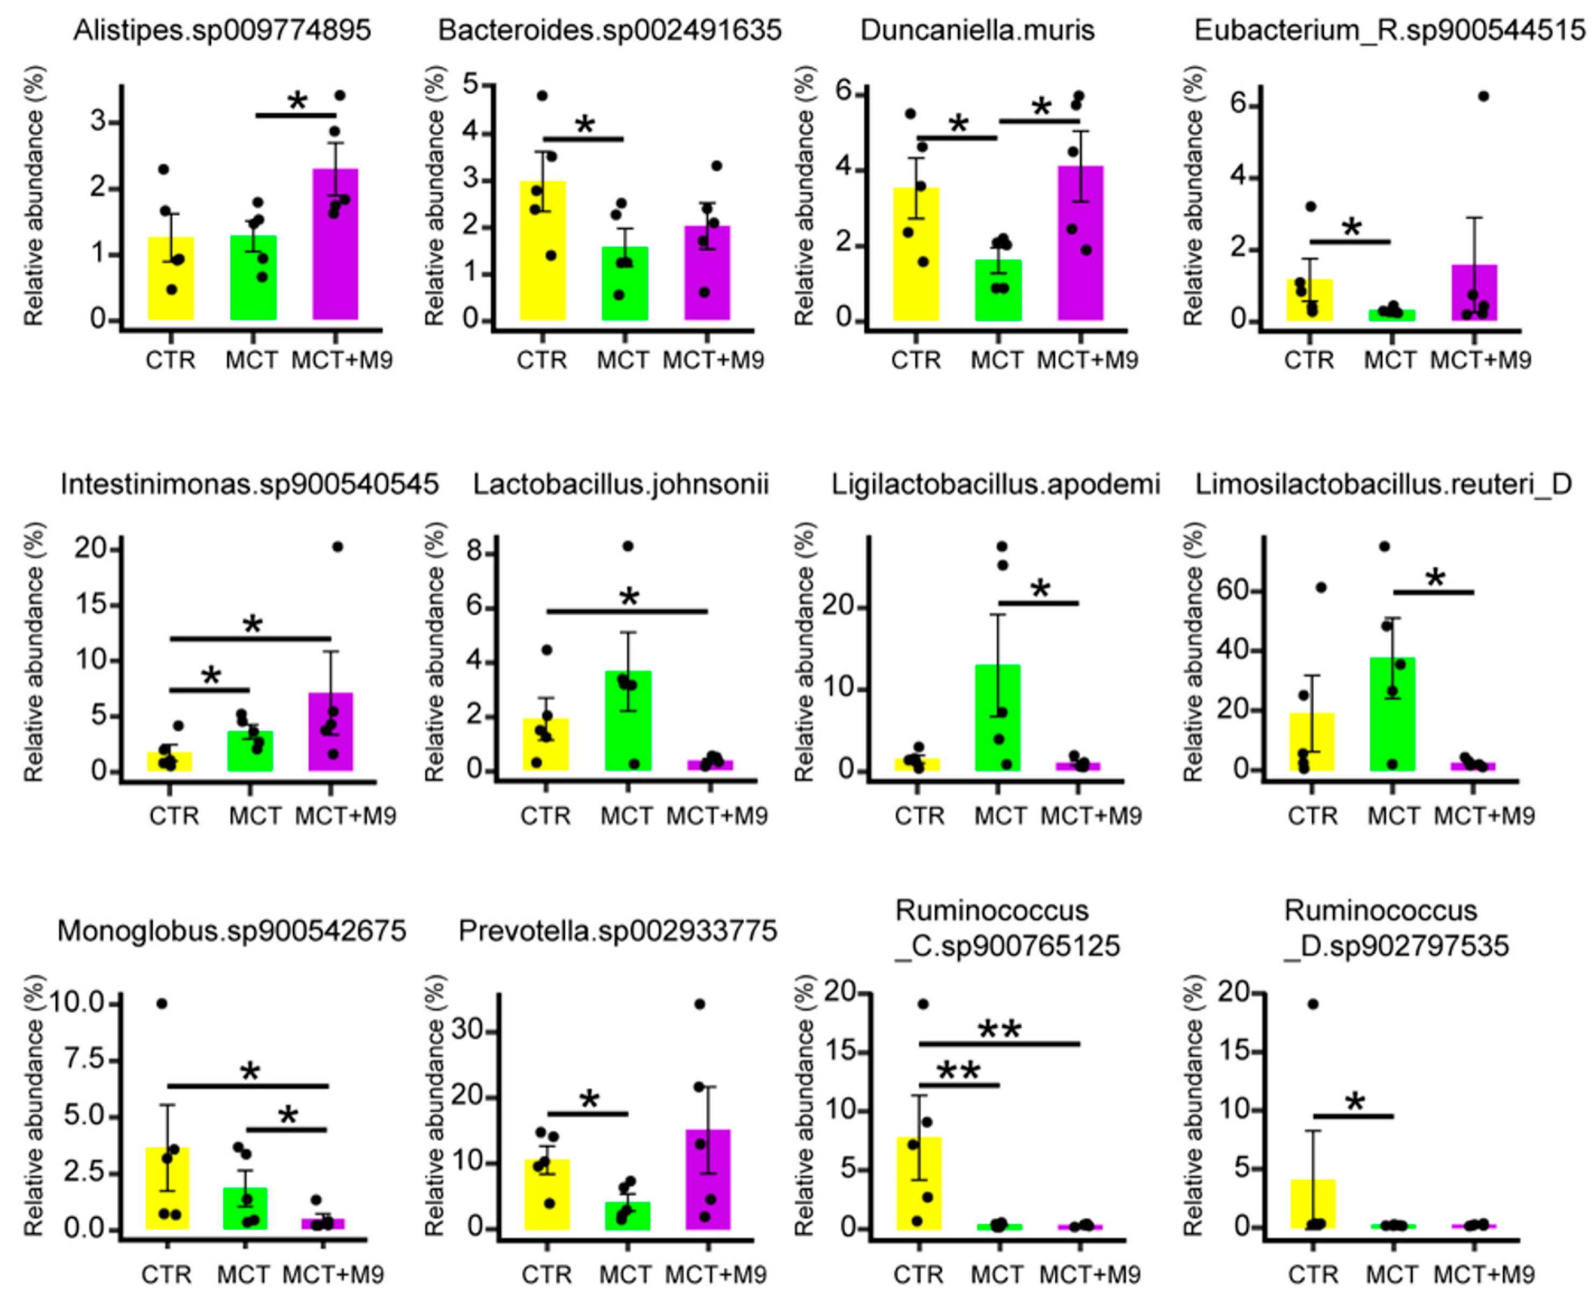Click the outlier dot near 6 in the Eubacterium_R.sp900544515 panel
pyautogui.click(x=1483, y=96)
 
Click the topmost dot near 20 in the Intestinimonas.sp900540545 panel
pyautogui.click(x=337, y=547)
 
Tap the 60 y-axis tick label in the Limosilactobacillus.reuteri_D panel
pyautogui.click(x=1234, y=590)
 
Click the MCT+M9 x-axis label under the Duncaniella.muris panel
pyautogui.click(x=1087, y=360)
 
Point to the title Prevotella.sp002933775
pyautogui.click(x=617, y=932)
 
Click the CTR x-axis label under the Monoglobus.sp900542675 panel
pyautogui.click(x=167, y=1275)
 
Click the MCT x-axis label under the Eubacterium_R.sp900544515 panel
pyautogui.click(x=1391, y=360)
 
